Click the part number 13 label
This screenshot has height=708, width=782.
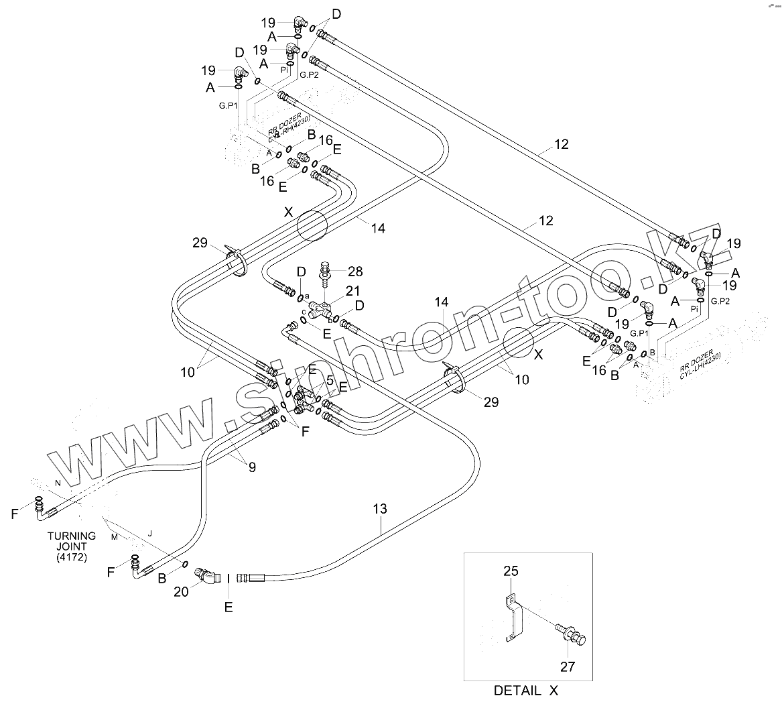click(x=379, y=510)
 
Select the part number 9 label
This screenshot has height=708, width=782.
click(x=251, y=468)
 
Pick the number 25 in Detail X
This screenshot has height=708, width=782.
click(x=511, y=571)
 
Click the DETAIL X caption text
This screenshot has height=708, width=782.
click(x=525, y=690)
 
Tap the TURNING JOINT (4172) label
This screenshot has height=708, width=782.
click(x=72, y=546)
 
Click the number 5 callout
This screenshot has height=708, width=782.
click(x=330, y=380)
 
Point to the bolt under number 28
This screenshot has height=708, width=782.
click(x=325, y=272)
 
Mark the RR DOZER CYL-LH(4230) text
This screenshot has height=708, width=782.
click(x=699, y=363)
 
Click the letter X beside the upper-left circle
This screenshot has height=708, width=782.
click(x=288, y=212)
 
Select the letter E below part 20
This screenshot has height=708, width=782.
click(x=229, y=607)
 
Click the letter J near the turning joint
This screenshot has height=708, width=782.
click(x=149, y=533)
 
